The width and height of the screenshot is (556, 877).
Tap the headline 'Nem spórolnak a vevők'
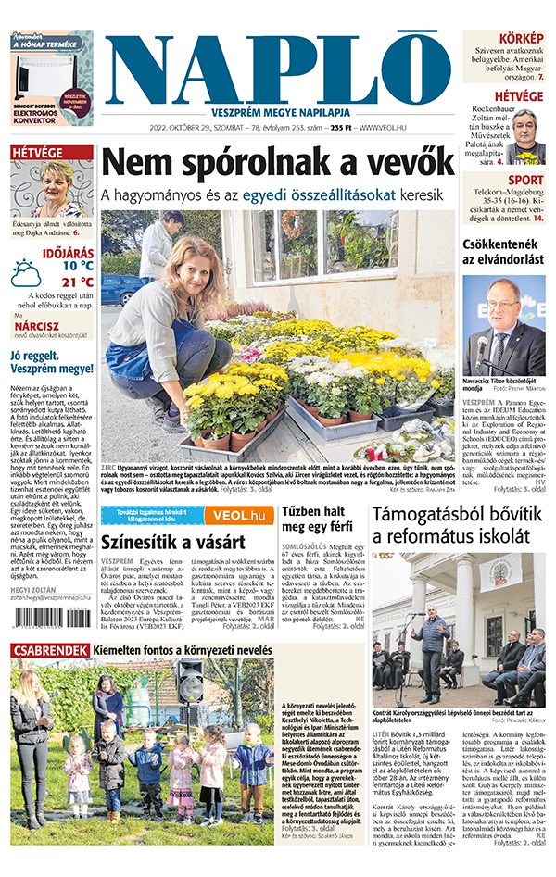pos(277,163)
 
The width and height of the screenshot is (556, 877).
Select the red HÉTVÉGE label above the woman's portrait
pos(38,153)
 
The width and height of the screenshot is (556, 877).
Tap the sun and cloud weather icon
pos(26,272)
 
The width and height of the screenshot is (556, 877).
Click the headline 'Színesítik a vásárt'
pos(172,542)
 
